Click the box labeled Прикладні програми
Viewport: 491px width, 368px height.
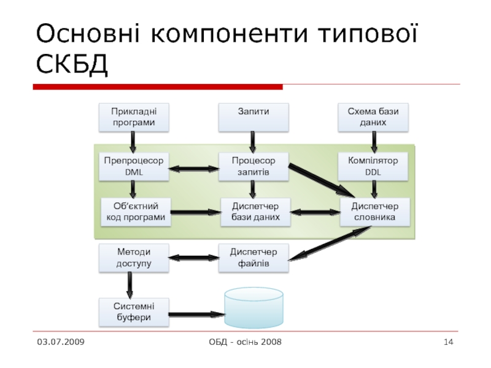[x=133, y=117]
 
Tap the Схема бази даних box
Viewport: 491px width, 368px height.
[x=373, y=117]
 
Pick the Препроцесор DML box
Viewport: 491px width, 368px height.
[x=133, y=166]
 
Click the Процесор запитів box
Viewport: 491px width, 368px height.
[x=253, y=166]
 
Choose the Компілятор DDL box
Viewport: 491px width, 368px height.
[x=373, y=166]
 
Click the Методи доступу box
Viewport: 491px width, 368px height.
[x=133, y=258]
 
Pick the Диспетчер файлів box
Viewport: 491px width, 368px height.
[x=253, y=258]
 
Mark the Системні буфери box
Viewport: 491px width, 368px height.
[x=133, y=312]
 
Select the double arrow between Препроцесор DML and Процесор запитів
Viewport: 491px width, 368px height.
[x=194, y=168]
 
